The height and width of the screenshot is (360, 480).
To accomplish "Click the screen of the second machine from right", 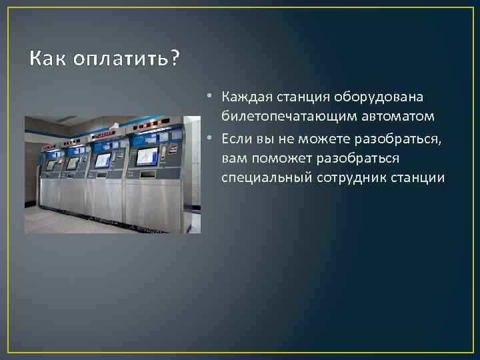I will coord(103,160).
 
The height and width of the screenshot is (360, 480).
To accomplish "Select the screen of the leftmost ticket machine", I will coord(51,164).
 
